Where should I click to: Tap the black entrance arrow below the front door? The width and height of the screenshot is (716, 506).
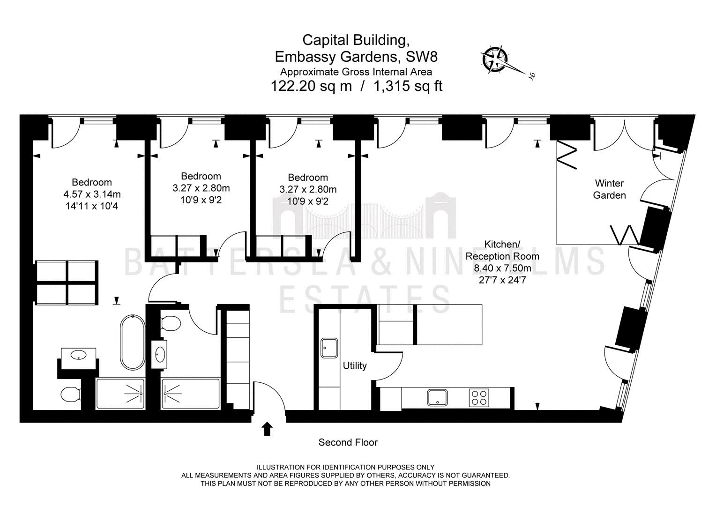coord(267,429)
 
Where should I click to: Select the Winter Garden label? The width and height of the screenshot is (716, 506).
coord(609,189)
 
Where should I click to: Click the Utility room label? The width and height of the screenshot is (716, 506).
coord(354,365)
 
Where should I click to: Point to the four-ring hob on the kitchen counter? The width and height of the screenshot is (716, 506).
coord(479,398)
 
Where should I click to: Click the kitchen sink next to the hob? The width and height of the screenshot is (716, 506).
coord(437,398)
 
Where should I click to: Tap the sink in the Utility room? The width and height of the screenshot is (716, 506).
coord(329,348)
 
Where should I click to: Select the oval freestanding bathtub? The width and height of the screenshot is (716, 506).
coord(132,342)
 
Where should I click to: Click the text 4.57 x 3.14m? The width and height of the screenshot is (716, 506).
coord(92,194)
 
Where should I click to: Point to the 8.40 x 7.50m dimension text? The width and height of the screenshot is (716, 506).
coord(502,268)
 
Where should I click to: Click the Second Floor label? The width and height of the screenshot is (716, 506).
coord(348,442)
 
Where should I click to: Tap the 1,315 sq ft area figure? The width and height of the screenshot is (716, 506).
coord(408,86)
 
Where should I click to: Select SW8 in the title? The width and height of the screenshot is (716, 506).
coord(422,57)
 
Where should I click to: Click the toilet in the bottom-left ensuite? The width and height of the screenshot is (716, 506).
coord(70,395)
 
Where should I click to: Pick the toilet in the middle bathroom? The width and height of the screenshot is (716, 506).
coord(171,323)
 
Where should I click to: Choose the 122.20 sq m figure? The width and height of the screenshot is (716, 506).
coord(311,86)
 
